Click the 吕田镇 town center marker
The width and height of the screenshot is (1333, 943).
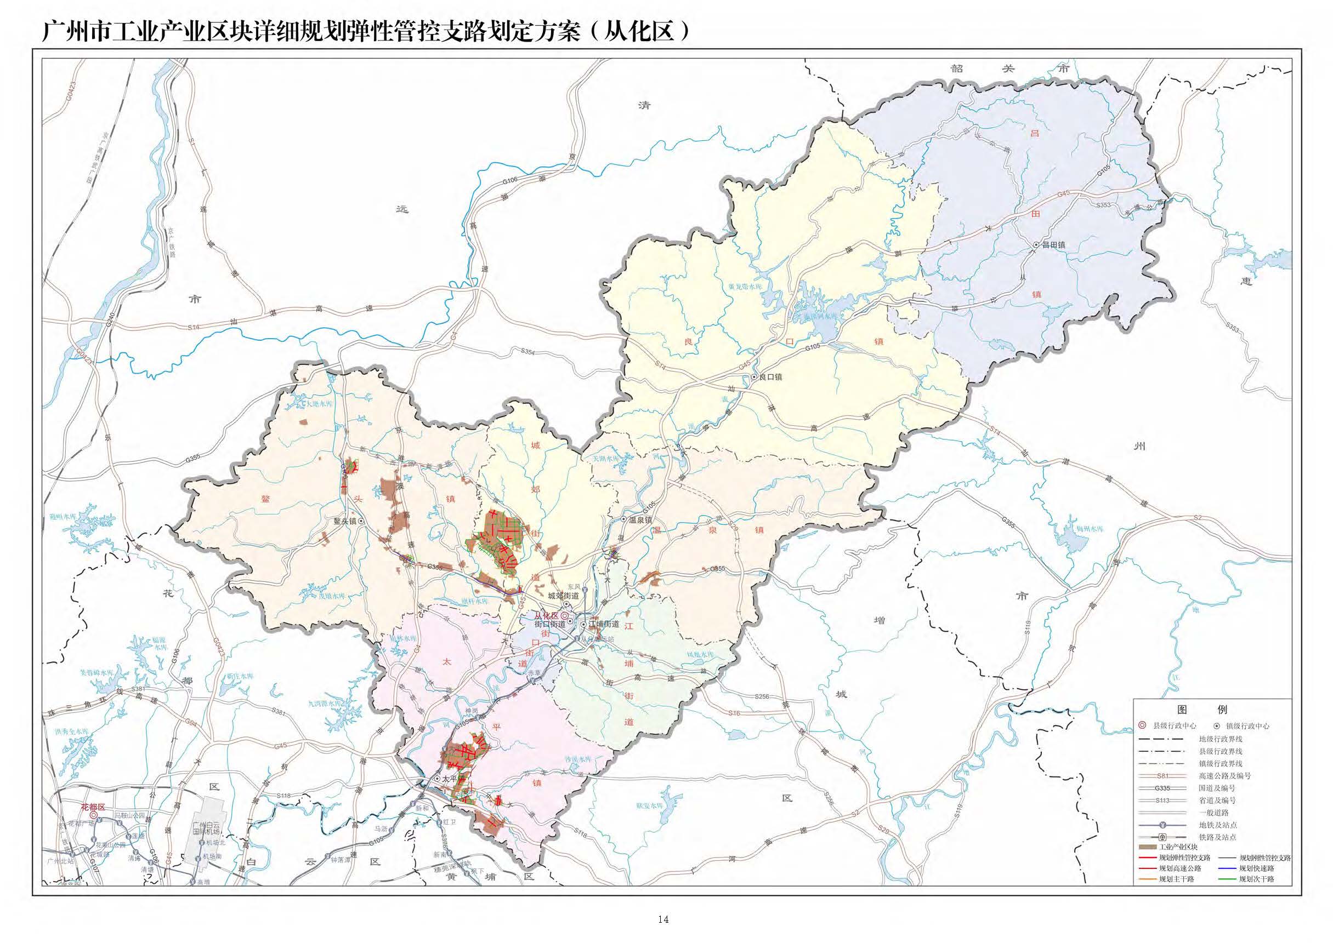[x=1036, y=245]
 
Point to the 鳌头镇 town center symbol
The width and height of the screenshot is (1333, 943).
[x=361, y=521]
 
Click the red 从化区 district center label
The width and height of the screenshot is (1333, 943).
[x=546, y=615]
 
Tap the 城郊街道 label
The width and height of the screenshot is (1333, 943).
[x=563, y=596]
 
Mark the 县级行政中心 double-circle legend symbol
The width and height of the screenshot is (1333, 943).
[x=1142, y=725]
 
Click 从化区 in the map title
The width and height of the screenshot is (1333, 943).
[x=638, y=31]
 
